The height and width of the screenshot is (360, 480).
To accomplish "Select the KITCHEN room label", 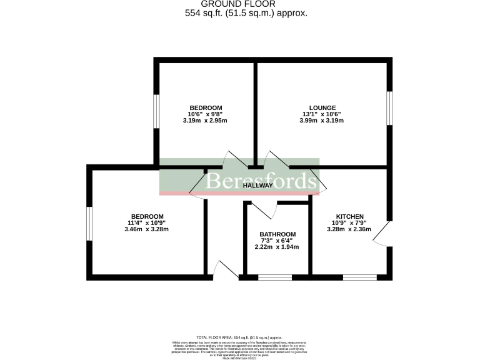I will (349, 216).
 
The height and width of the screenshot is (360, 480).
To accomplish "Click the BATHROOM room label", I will (277, 234).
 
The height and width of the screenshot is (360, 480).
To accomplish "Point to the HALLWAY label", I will (257, 186).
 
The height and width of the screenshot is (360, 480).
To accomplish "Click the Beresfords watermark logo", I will (261, 181).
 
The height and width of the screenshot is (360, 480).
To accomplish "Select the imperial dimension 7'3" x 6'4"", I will (277, 241).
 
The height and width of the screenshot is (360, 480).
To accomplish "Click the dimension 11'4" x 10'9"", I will (147, 223).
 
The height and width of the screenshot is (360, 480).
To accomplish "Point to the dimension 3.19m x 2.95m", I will (205, 121).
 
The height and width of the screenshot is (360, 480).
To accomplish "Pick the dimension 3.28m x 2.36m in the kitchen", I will (349, 229).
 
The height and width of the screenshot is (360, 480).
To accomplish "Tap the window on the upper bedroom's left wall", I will (157, 111).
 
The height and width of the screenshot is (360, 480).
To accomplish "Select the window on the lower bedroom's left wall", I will (89, 222).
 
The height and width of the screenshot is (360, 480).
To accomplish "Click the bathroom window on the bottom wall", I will (275, 277).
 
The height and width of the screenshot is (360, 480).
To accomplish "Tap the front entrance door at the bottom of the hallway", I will (224, 271).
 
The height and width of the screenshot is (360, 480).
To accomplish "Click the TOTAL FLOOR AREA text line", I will (239, 337).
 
